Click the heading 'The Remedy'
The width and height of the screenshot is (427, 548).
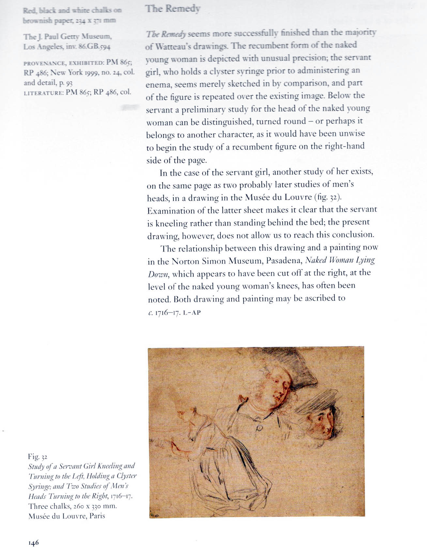pyautogui.click(x=173, y=9)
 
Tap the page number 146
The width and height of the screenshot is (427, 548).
pyautogui.click(x=34, y=542)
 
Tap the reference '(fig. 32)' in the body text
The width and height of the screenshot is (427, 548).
pyautogui.click(x=327, y=197)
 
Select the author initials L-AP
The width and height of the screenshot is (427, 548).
pyautogui.click(x=192, y=312)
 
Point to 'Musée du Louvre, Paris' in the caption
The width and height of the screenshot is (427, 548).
pyautogui.click(x=67, y=516)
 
